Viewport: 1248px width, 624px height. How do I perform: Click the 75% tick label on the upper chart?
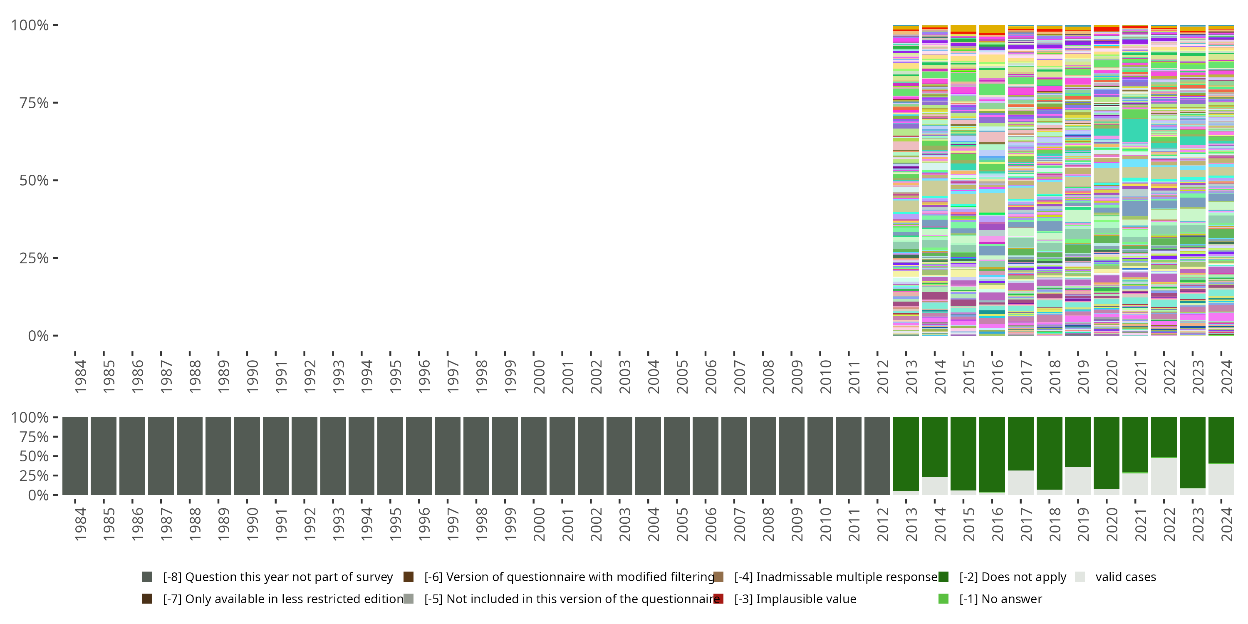click(x=33, y=103)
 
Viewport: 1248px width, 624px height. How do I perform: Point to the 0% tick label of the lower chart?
click(x=38, y=495)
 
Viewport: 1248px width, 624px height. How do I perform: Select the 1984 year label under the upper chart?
click(x=80, y=376)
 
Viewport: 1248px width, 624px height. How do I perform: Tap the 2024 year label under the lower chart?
click(x=1227, y=524)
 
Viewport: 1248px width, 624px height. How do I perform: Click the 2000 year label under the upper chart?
click(x=539, y=376)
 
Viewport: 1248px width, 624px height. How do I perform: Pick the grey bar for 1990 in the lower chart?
click(x=247, y=456)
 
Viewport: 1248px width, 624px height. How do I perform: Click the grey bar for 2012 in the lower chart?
click(x=877, y=456)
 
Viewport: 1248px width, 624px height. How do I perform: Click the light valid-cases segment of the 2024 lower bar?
click(x=1221, y=479)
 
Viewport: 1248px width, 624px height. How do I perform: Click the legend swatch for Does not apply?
click(x=943, y=577)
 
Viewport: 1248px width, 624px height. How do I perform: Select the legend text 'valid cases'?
click(x=1125, y=577)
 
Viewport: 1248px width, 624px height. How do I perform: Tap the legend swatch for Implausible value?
click(x=718, y=599)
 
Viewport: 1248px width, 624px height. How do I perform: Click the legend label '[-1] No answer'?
click(x=1000, y=599)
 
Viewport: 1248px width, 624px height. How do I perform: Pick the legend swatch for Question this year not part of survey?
click(x=147, y=577)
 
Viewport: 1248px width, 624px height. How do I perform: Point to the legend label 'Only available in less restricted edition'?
click(x=283, y=599)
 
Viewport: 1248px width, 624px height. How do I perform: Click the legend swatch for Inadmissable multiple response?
click(x=718, y=577)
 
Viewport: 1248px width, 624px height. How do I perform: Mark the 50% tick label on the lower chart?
click(x=30, y=456)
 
